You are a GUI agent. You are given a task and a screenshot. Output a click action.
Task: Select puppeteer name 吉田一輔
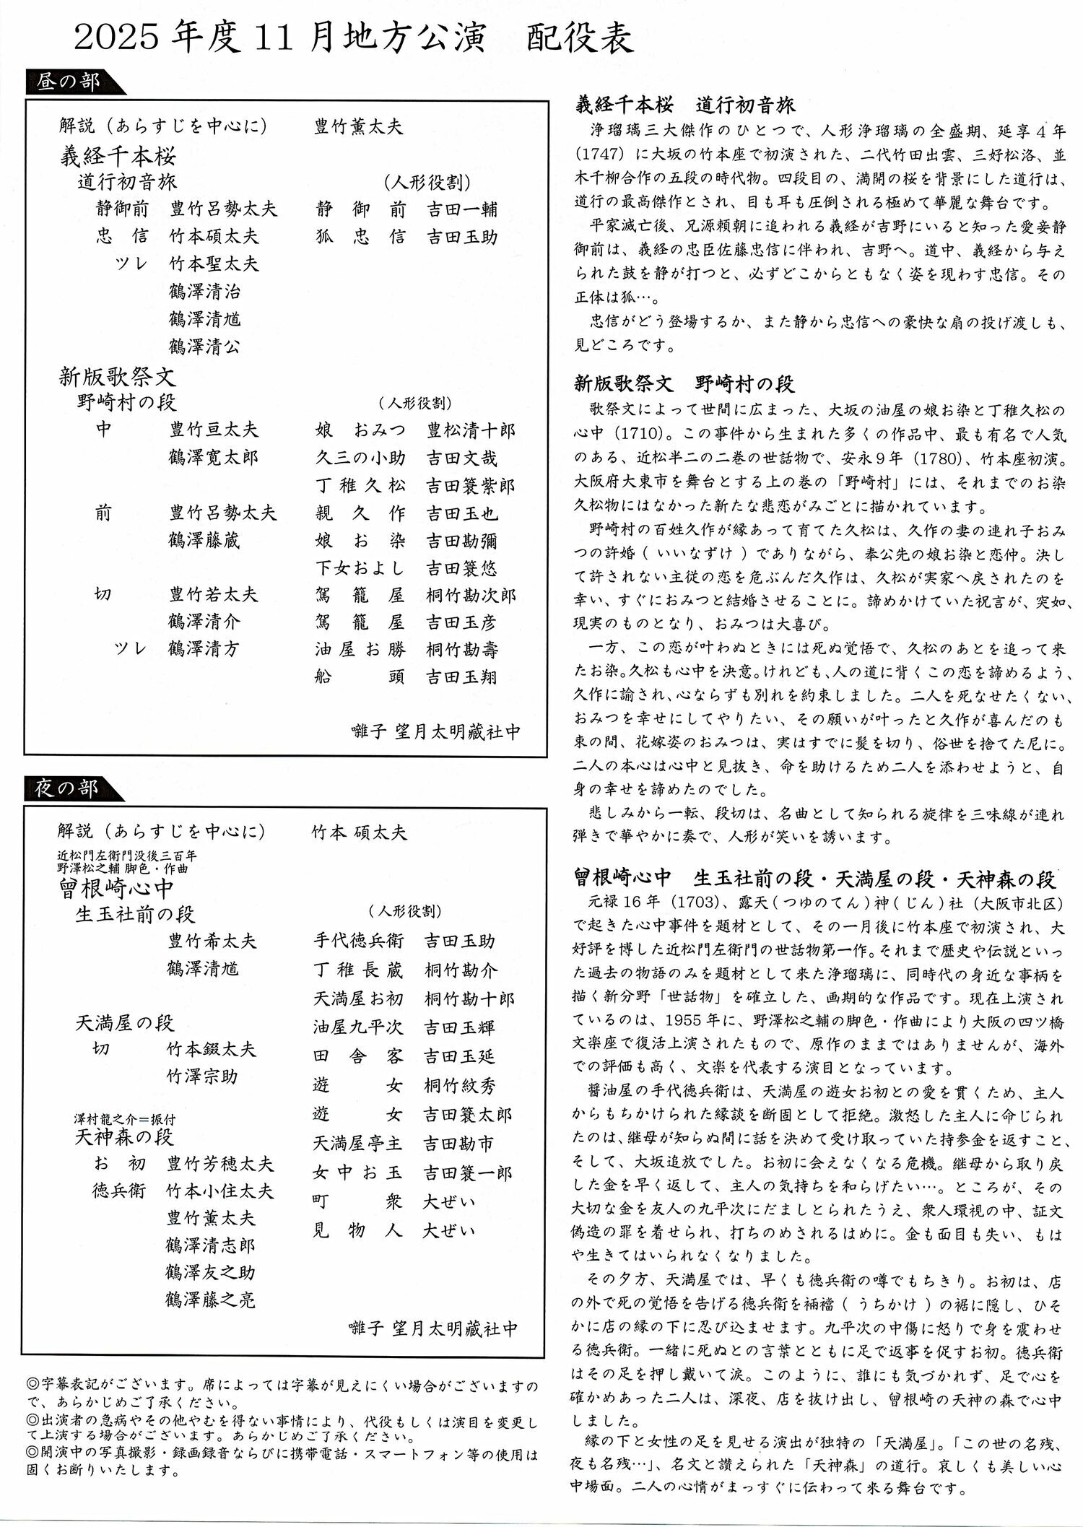point(462,209)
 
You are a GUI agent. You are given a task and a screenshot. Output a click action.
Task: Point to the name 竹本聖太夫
point(214,264)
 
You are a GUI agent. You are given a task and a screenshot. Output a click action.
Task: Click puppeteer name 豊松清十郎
point(471,431)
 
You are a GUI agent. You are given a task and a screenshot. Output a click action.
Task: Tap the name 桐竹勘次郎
point(471,596)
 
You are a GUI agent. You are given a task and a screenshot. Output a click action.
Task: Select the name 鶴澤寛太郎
point(214,458)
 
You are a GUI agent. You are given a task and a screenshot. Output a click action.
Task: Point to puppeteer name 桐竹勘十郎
point(469,999)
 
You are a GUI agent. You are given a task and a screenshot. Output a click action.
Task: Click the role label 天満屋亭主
point(358,1144)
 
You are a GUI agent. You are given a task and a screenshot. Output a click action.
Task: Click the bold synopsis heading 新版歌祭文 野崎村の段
point(685,383)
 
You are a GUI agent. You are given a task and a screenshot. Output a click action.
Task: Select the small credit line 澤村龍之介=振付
point(124,1119)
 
